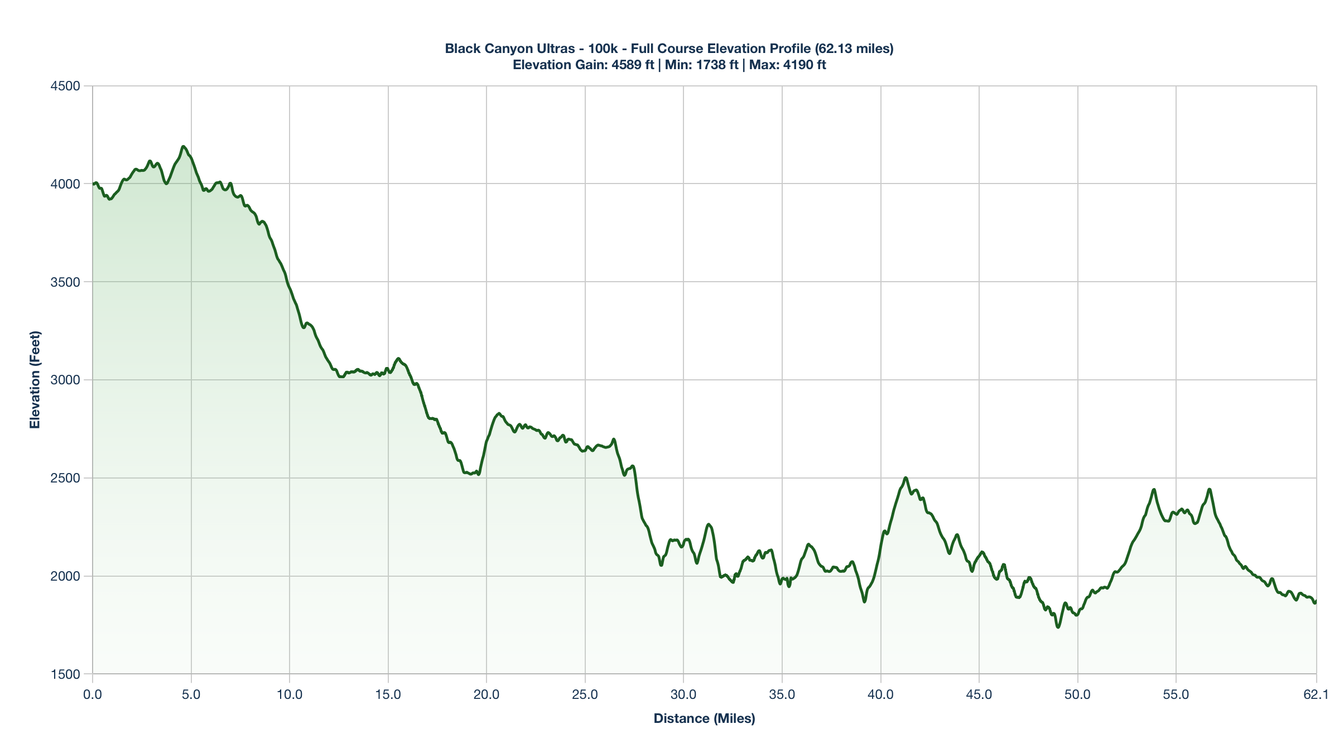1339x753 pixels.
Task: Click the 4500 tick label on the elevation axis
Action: pyautogui.click(x=66, y=86)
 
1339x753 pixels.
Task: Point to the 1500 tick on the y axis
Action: pyautogui.click(x=66, y=674)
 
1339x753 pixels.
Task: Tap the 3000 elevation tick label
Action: pyautogui.click(x=66, y=380)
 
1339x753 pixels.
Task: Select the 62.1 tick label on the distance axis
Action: pyautogui.click(x=1316, y=695)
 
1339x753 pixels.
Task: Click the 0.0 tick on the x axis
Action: pyautogui.click(x=93, y=695)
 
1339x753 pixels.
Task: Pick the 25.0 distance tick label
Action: pyautogui.click(x=585, y=695)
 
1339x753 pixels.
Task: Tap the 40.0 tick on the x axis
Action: pyautogui.click(x=880, y=695)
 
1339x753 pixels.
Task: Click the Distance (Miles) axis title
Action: pyautogui.click(x=704, y=718)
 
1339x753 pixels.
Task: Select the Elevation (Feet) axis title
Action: pyautogui.click(x=35, y=380)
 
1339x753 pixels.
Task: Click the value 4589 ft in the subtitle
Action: pyautogui.click(x=633, y=65)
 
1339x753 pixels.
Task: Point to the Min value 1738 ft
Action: pyautogui.click(x=717, y=65)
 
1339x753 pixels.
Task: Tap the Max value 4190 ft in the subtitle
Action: pyautogui.click(x=805, y=65)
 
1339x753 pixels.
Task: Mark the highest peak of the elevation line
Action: pyautogui.click(x=183, y=146)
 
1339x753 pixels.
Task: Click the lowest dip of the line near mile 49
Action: pyautogui.click(x=1058, y=627)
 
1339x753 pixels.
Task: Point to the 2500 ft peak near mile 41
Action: pyautogui.click(x=905, y=477)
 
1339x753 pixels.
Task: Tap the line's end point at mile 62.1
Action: pyautogui.click(x=1315, y=602)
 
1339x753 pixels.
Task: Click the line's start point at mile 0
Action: pyautogui.click(x=93, y=184)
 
